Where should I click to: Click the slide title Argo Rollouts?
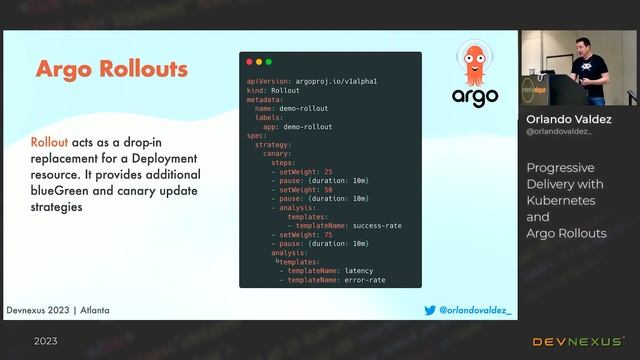111,69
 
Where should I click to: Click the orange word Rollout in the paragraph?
49,143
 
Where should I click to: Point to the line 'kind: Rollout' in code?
272,90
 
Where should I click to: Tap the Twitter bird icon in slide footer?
431,311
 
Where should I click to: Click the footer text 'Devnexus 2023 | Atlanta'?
58,311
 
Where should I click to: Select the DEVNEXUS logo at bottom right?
578,342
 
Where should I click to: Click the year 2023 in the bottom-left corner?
45,342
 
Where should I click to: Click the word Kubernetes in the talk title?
559,200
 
